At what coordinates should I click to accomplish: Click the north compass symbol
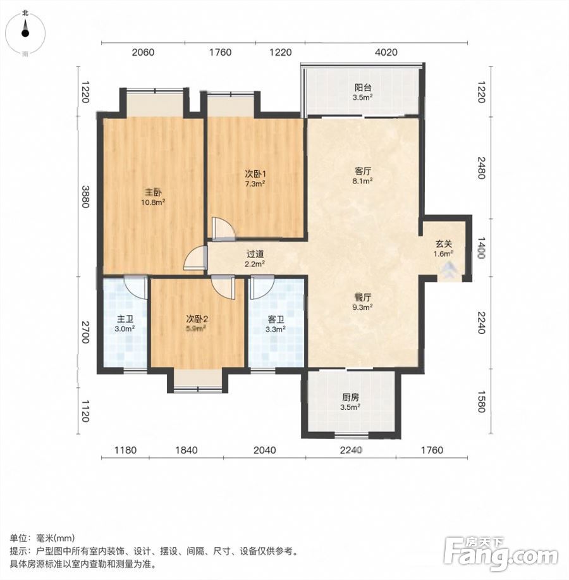[25, 33]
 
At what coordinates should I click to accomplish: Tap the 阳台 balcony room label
[363, 88]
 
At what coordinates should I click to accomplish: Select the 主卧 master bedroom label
[153, 192]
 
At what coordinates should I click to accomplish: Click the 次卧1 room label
[255, 174]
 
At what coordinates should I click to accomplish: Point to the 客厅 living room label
[363, 171]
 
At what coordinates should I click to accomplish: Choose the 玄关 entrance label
[443, 244]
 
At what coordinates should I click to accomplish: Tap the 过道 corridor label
[255, 254]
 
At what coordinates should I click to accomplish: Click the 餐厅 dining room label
[363, 297]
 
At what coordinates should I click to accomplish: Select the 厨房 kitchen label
[350, 398]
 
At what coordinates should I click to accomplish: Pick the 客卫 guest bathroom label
[276, 319]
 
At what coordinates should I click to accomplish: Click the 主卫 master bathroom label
[125, 319]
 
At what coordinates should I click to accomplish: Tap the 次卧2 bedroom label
[197, 319]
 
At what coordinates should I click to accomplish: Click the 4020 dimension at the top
[386, 52]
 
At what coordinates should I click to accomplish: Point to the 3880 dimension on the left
[85, 197]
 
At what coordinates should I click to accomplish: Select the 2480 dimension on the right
[481, 168]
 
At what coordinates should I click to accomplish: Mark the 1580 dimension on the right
[481, 402]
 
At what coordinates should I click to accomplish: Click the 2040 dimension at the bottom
[264, 450]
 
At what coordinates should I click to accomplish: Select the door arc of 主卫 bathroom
[134, 287]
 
